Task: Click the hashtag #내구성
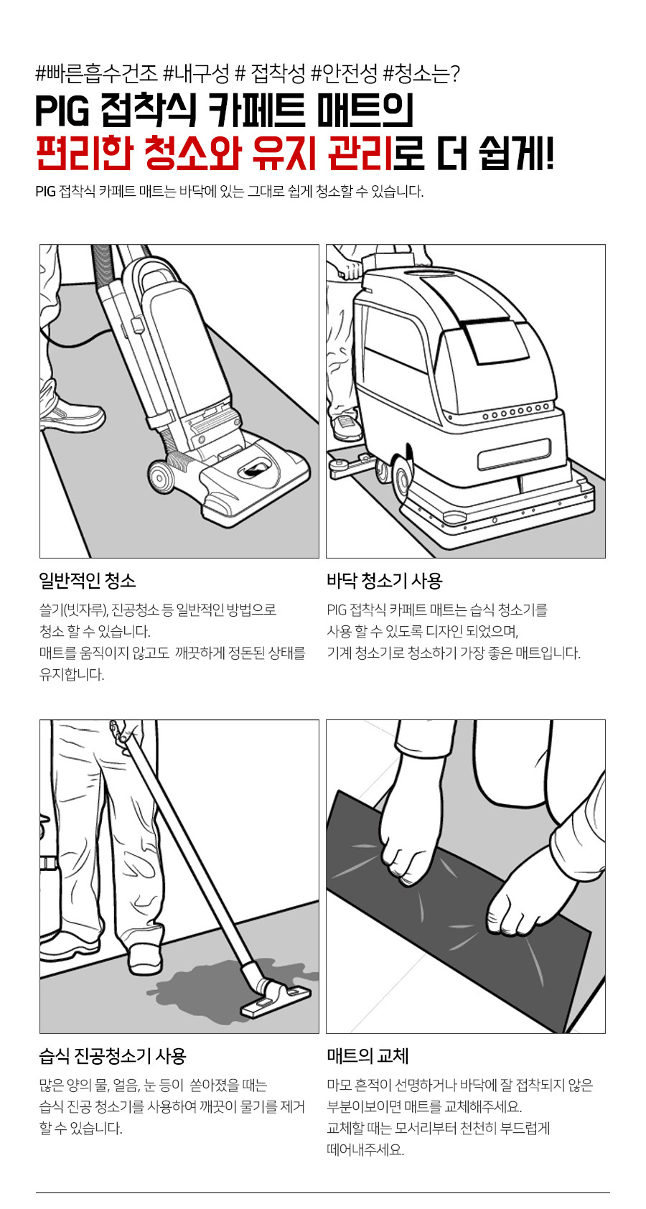[x=196, y=73]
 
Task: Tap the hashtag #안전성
[x=344, y=73]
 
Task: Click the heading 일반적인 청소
[x=88, y=581]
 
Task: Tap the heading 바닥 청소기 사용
[x=385, y=581]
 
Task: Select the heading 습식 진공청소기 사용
[x=113, y=1055]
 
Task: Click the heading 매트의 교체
[x=368, y=1055]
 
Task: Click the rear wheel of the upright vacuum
[x=160, y=476]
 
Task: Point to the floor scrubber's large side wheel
[x=401, y=477]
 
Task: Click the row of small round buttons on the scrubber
[x=516, y=414]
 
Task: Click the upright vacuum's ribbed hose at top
[x=103, y=273]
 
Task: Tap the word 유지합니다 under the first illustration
[x=72, y=674]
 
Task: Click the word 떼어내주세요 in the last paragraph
[x=365, y=1149]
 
